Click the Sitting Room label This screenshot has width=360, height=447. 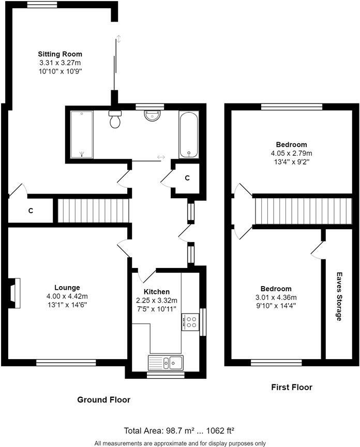tap(60, 54)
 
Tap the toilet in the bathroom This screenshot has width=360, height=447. tap(115, 119)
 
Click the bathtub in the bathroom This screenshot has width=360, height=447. tap(188, 134)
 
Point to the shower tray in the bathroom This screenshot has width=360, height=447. tap(81, 134)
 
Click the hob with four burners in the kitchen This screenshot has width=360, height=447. tap(189, 322)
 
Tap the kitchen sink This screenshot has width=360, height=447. tap(165, 362)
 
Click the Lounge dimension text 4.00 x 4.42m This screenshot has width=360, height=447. tap(67, 296)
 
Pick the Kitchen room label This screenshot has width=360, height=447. tap(156, 292)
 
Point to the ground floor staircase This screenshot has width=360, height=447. tap(93, 210)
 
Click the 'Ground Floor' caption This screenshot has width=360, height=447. tap(103, 399)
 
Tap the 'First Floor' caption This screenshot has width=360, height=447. tap(292, 387)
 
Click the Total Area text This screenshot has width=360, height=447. tap(179, 430)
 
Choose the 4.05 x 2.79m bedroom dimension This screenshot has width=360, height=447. tap(291, 153)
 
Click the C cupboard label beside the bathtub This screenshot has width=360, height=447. tap(187, 178)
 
